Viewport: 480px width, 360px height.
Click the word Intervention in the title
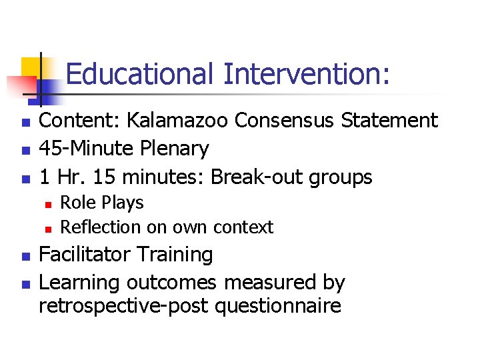[305, 75]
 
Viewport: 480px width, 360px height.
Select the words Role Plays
[101, 203]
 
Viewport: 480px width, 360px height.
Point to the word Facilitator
[87, 255]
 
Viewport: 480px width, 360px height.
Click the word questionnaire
[283, 307]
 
